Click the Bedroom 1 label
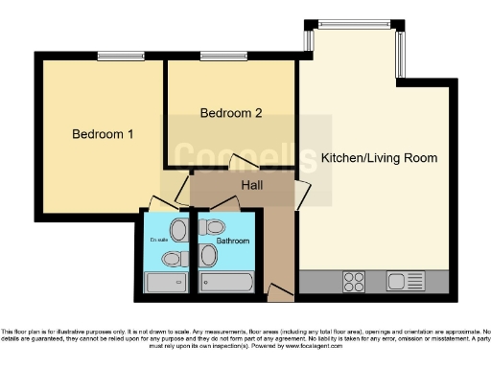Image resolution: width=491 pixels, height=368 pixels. click(x=103, y=134)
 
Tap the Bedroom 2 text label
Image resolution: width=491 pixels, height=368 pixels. click(x=230, y=113)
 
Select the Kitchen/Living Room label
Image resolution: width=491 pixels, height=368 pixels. click(x=379, y=157)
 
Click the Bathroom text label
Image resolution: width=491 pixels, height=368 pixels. click(x=232, y=241)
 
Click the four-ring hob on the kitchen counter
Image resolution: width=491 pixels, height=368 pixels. click(x=354, y=281)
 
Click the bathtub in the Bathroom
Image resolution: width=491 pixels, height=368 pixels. click(x=226, y=282)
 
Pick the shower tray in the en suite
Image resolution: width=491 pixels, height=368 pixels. click(x=168, y=283)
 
